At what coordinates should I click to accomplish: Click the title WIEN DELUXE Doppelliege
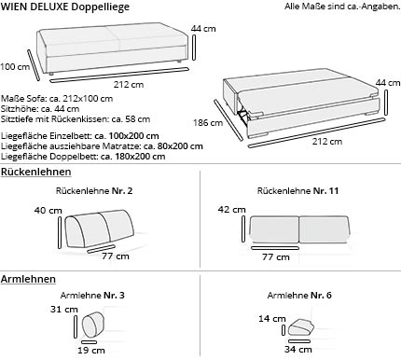tap(65, 7)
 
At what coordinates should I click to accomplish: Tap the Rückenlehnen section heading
tap(33, 174)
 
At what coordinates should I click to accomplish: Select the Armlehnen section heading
tap(28, 279)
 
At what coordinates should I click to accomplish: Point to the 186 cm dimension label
tap(202, 122)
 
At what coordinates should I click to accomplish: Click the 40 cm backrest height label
tap(48, 211)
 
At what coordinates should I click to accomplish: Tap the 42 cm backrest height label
tap(229, 210)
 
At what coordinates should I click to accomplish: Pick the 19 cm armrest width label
tap(91, 352)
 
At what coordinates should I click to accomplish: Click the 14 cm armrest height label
tap(271, 319)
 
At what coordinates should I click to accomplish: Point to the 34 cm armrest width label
tap(299, 352)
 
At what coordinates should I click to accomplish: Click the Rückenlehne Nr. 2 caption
tap(94, 191)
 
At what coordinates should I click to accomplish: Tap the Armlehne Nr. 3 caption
tap(98, 296)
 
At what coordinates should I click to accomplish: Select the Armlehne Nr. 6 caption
tap(299, 296)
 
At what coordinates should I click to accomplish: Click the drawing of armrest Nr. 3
tap(94, 326)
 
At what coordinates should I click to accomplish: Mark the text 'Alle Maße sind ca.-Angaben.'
tap(341, 7)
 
